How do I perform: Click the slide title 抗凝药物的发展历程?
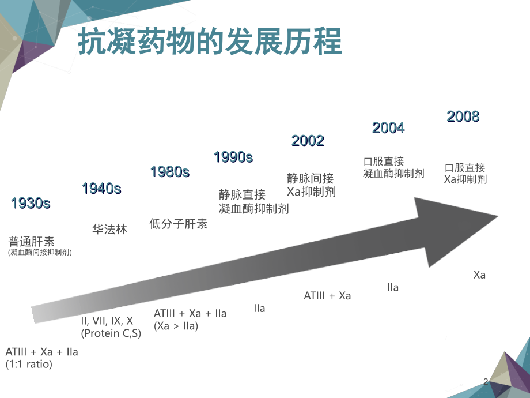tap(210, 42)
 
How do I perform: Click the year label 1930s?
tap(31, 203)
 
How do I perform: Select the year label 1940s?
tap(101, 188)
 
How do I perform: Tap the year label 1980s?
tap(170, 171)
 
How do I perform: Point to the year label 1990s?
tap(233, 156)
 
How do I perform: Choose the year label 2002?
tap(308, 140)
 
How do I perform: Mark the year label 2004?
tap(388, 127)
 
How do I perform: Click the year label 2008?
tap(463, 116)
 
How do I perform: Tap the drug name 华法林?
tap(109, 229)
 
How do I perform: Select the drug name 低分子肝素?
tap(179, 224)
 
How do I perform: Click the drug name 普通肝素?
tap(32, 241)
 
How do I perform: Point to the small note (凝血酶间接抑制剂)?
tap(40, 252)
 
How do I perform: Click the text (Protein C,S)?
tap(111, 333)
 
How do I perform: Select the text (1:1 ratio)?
tap(29, 364)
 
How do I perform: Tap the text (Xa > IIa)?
tap(176, 326)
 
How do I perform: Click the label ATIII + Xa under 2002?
tap(327, 296)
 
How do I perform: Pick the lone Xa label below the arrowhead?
tap(479, 275)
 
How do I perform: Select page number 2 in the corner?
tap(485, 381)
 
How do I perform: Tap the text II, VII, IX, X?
tap(107, 321)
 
